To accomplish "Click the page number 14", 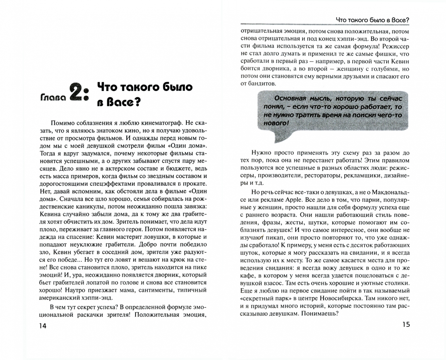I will (42, 326).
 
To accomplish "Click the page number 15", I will (406, 324).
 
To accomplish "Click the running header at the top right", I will (372, 20).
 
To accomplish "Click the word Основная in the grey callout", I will (290, 98).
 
